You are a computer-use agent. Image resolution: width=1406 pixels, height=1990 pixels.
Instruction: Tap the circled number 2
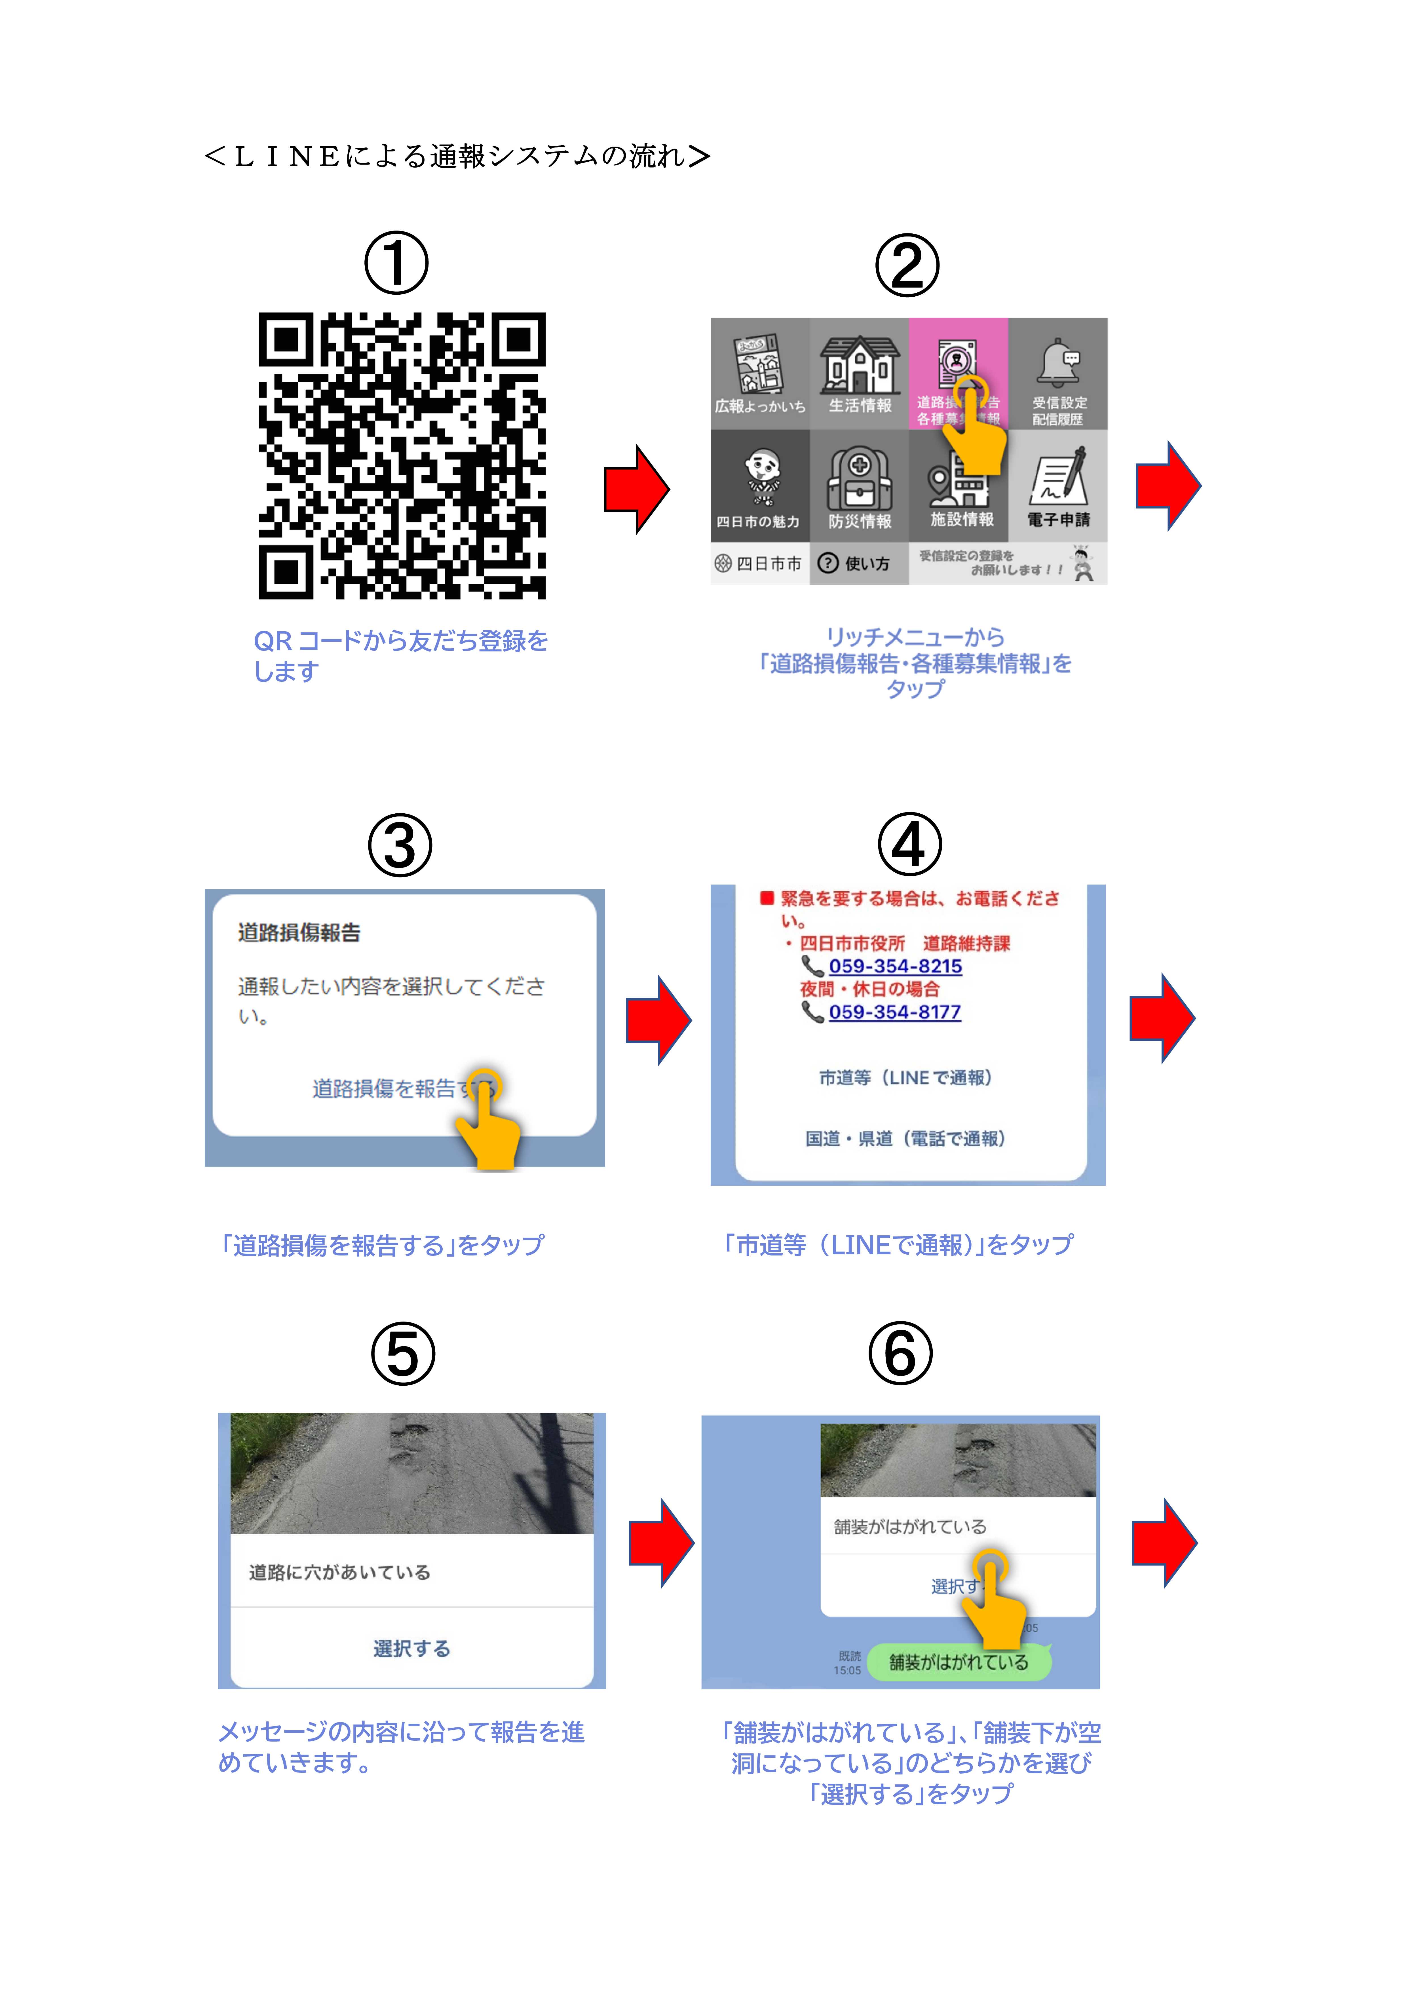pos(907,265)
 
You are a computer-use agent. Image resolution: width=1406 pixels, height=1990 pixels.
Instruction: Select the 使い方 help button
pos(858,564)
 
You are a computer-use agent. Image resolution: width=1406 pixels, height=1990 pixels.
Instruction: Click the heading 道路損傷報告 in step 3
pos(299,932)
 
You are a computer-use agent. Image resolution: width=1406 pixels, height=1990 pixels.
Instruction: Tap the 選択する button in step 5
pos(412,1649)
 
